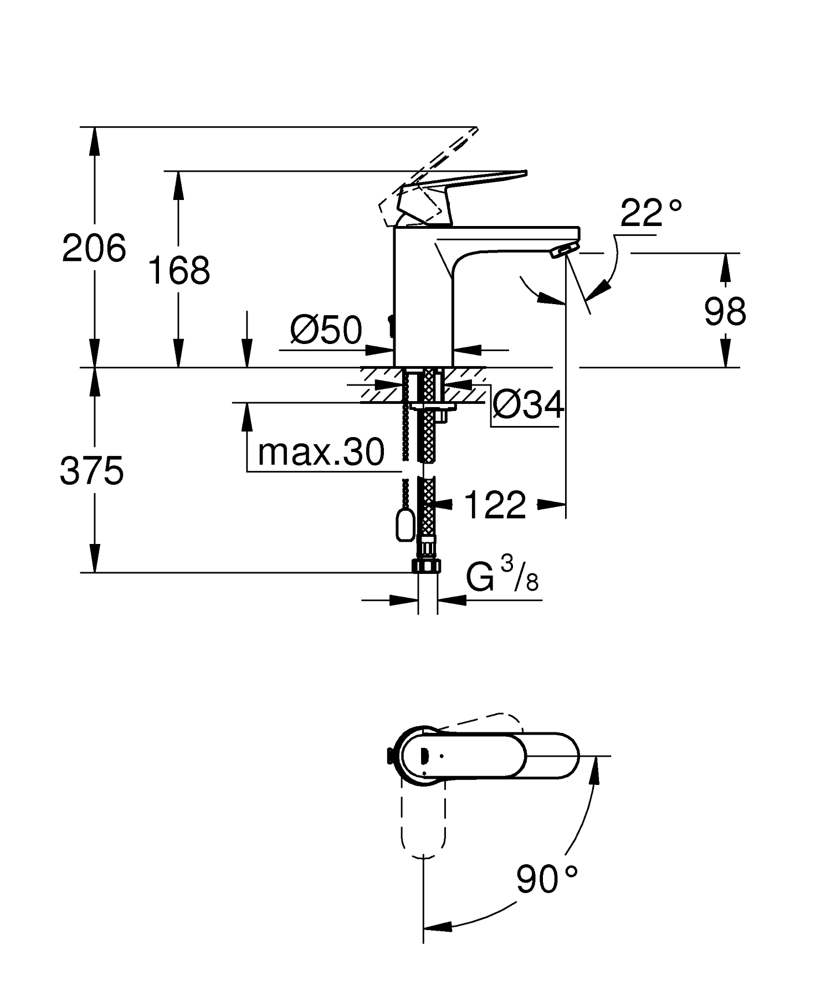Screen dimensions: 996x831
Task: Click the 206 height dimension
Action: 94,248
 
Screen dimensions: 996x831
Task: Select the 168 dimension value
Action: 179,271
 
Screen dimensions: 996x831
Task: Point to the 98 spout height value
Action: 725,311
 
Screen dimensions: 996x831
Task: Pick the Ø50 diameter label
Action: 326,331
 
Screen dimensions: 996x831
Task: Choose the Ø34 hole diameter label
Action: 528,405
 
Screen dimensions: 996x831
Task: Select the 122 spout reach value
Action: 495,505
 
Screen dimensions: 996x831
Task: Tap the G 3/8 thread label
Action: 502,577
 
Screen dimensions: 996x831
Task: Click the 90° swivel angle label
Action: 546,879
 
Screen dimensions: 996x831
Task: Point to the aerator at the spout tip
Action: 563,251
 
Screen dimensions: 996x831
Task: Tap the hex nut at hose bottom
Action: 427,565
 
